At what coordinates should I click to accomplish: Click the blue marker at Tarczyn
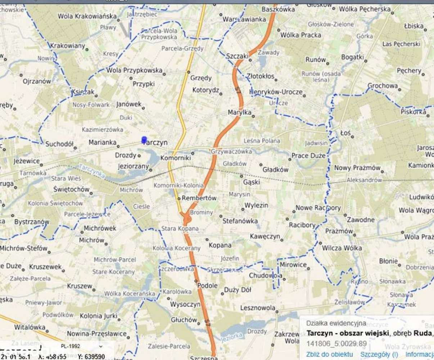pos(144,140)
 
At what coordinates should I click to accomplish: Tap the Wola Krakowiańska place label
pos(87,16)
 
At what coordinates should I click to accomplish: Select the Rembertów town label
pos(199,198)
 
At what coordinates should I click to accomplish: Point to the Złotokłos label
pos(261,76)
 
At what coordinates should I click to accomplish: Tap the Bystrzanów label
pos(32,222)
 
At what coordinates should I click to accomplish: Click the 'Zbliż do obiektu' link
pos(330,354)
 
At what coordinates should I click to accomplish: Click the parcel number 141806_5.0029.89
pos(336,344)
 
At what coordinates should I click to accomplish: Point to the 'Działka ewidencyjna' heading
pos(336,323)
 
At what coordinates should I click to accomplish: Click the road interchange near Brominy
pos(186,218)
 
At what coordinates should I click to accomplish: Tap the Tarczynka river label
pos(91,171)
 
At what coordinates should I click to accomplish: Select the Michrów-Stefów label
pos(24,248)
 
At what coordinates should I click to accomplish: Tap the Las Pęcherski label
pos(401,44)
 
